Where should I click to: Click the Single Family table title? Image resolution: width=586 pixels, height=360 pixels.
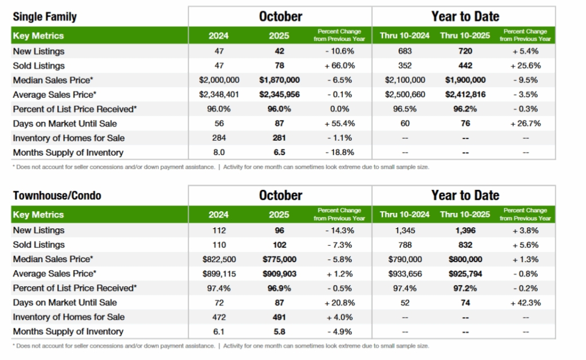[x=45, y=17]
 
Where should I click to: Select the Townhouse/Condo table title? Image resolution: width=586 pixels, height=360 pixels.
[x=57, y=196]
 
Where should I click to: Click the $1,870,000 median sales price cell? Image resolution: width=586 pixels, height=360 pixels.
[x=279, y=80]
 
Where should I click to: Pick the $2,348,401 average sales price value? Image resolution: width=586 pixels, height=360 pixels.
[x=219, y=94]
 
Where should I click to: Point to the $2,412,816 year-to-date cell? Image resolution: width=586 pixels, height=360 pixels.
[x=465, y=94]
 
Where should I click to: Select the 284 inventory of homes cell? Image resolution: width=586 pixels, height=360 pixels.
[x=219, y=138]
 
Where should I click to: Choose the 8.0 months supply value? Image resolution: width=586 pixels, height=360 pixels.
[x=219, y=152]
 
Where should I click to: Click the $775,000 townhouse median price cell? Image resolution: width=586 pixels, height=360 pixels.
[x=279, y=259]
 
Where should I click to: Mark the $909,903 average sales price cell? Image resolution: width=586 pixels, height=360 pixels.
[x=279, y=274]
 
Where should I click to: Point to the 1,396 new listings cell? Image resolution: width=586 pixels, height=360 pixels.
[x=465, y=231]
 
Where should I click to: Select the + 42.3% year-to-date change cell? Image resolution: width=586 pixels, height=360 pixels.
[x=525, y=303]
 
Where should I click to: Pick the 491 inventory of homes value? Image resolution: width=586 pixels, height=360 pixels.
[x=279, y=317]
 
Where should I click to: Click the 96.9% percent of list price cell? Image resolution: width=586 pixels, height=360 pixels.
[x=279, y=288]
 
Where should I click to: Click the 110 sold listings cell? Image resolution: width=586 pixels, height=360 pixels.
[x=219, y=245]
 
